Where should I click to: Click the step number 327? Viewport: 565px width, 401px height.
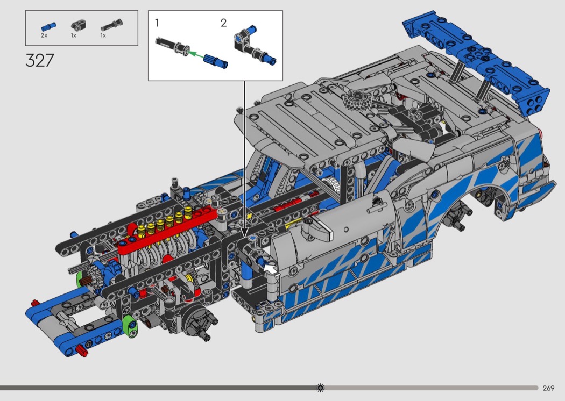[x=40, y=60]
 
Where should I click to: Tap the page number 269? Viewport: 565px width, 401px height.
[x=548, y=388]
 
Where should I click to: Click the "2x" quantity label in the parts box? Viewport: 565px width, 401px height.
[x=44, y=35]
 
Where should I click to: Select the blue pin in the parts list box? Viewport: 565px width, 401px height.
[x=48, y=27]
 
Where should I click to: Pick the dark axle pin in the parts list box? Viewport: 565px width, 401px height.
[x=111, y=25]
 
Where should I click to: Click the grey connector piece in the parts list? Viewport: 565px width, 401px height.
[x=76, y=25]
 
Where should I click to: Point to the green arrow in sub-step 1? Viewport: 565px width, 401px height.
[x=197, y=55]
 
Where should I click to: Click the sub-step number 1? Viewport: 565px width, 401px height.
[x=157, y=23]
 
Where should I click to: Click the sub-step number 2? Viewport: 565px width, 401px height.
[x=223, y=23]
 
